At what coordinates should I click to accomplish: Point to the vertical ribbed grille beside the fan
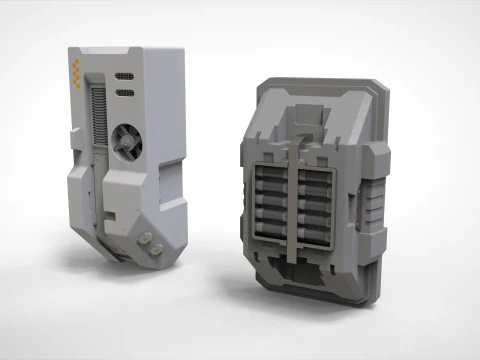(97, 115)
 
